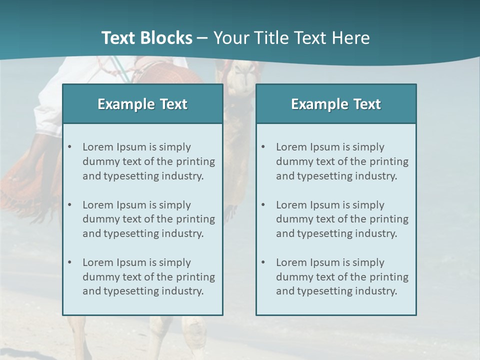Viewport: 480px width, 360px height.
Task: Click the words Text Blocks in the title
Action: tap(146, 38)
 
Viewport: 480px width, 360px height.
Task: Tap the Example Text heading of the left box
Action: tap(142, 104)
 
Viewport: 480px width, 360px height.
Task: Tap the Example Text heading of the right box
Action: tap(336, 104)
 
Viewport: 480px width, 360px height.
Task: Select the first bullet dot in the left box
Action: tap(69, 147)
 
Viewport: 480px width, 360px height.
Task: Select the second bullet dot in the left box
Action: tap(69, 205)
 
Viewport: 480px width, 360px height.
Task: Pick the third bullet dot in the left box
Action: tap(69, 262)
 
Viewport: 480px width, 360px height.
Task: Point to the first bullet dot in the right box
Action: tap(263, 147)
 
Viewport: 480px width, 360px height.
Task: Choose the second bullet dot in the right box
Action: tap(263, 205)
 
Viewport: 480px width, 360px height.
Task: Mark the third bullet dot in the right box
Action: tap(263, 262)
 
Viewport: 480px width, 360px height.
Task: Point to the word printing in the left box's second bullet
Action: tap(196, 219)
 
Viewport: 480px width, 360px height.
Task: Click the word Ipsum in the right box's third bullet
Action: tap(326, 262)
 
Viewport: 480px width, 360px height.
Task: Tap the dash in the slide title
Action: tap(202, 38)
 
